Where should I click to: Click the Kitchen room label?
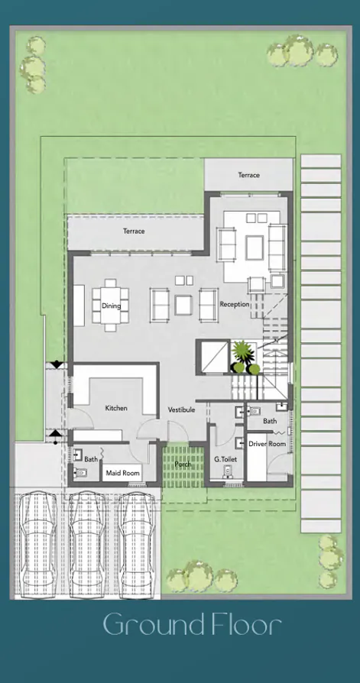coord(116,408)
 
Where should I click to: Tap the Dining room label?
coord(111,306)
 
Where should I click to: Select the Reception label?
coord(234,304)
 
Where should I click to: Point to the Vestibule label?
coord(182,409)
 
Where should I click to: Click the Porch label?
coord(183,463)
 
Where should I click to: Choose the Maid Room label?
coord(122,474)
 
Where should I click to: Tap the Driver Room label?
coord(267,444)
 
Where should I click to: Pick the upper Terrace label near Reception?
coord(248,175)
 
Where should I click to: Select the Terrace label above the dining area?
coord(134,231)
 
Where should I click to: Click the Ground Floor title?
coord(193,625)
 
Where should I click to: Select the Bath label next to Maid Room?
coord(91,459)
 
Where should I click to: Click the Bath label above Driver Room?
coord(270,421)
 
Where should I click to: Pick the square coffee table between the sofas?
coord(183,305)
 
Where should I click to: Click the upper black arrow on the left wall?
coord(56,365)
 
